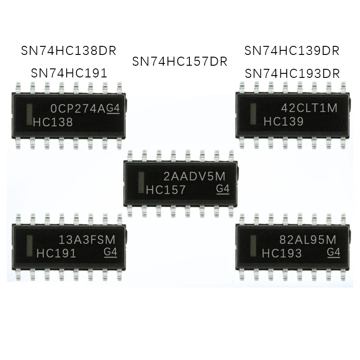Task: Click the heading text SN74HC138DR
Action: [x=69, y=50]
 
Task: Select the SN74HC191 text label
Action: [x=69, y=73]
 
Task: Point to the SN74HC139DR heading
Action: [x=292, y=50]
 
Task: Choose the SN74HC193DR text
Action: [x=292, y=73]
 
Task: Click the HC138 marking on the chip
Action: [x=53, y=122]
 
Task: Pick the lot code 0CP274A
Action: [x=78, y=108]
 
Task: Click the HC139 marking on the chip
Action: [x=283, y=121]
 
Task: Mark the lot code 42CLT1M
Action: [x=309, y=108]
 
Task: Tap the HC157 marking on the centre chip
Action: [x=166, y=190]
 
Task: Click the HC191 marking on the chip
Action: [x=56, y=253]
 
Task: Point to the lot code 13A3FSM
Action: [x=88, y=239]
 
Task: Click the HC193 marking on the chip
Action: [x=282, y=253]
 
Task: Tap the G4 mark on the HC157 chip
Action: [x=223, y=189]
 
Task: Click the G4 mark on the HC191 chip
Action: [x=110, y=252]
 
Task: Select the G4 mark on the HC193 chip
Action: [x=333, y=252]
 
